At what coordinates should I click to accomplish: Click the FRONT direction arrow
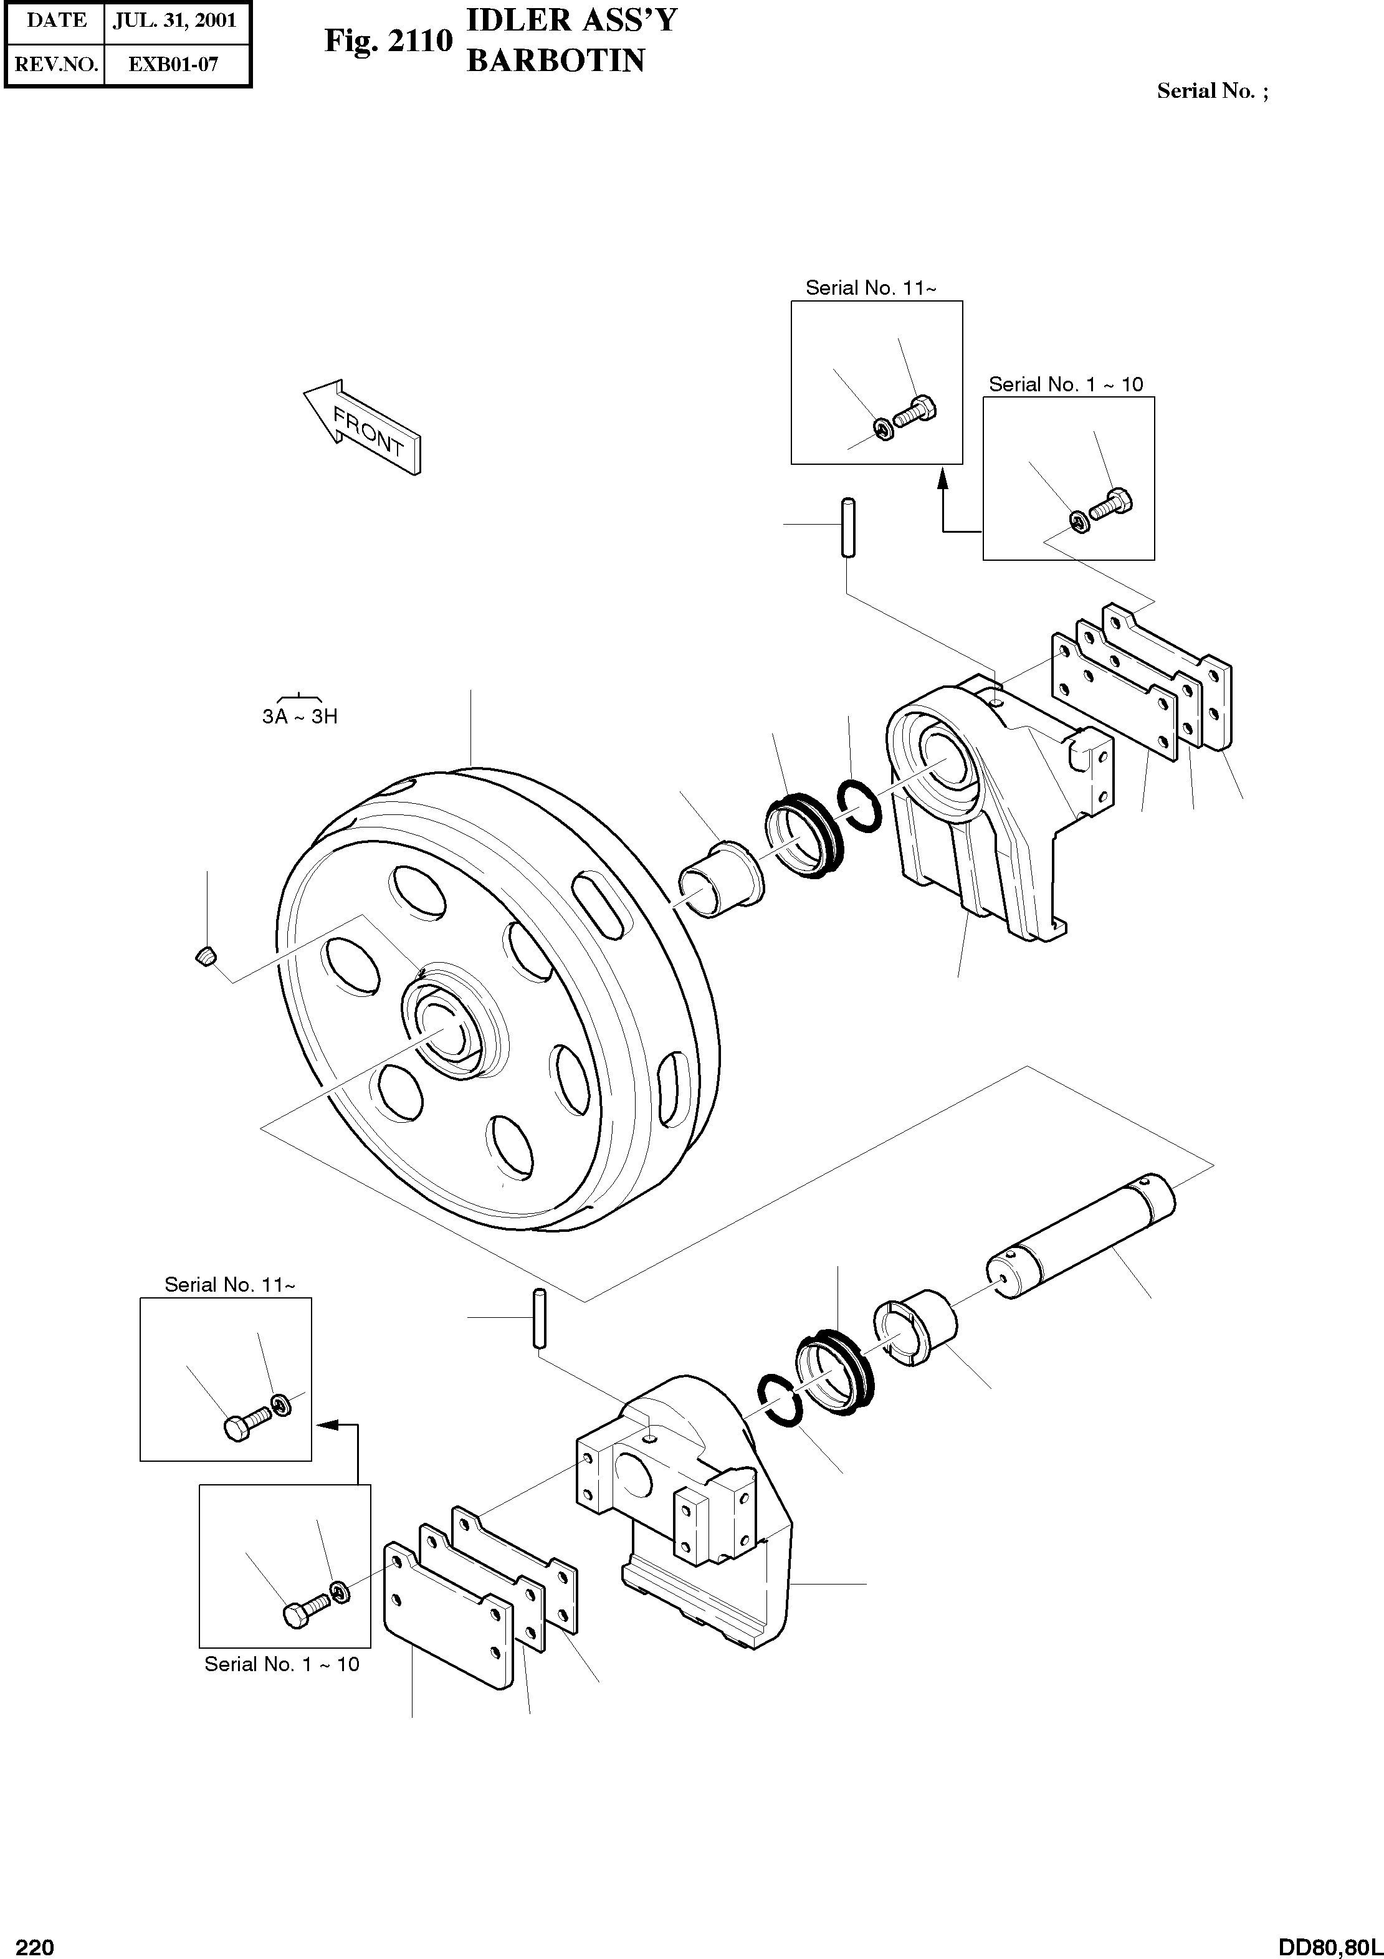click(363, 427)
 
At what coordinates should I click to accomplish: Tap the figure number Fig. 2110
click(388, 40)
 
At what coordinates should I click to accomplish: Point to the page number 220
click(35, 1946)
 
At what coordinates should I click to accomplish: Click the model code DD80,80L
click(1329, 1946)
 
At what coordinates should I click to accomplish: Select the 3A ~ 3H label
click(300, 716)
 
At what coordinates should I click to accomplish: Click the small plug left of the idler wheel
click(206, 956)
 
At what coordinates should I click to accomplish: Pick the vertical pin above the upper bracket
click(848, 527)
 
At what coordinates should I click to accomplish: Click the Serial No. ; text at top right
click(1211, 92)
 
